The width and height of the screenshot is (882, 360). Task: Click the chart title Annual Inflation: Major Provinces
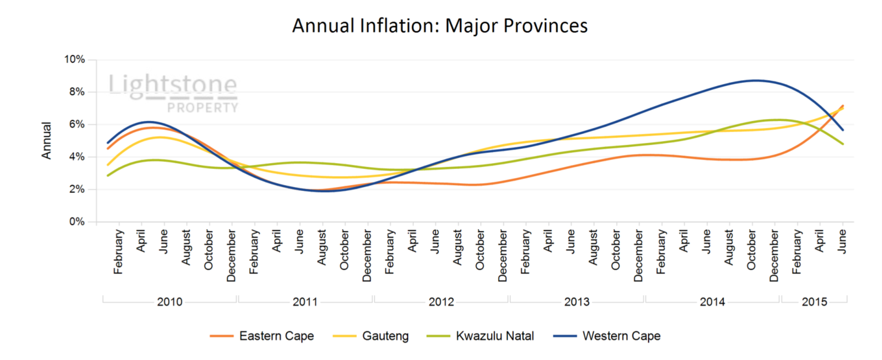(x=440, y=26)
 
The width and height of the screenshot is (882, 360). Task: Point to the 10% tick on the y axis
(x=74, y=59)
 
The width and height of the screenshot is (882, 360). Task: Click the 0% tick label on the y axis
(x=77, y=222)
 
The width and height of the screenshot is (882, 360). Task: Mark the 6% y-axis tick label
(x=77, y=125)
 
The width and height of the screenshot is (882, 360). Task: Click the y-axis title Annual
(x=46, y=140)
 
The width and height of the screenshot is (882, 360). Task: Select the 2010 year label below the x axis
(x=170, y=302)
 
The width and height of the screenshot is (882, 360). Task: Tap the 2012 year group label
(x=441, y=302)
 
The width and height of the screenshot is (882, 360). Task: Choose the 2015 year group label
(x=814, y=302)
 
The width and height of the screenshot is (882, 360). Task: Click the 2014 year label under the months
(x=712, y=302)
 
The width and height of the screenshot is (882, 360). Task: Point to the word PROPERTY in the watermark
(x=203, y=108)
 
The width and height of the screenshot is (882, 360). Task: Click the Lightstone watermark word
(x=173, y=85)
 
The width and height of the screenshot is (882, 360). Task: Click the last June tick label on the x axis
(x=842, y=242)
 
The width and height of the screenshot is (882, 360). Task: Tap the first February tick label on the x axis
(x=118, y=251)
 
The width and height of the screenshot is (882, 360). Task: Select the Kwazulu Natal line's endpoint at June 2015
(x=843, y=144)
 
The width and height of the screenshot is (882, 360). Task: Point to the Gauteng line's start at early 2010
(x=108, y=165)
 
